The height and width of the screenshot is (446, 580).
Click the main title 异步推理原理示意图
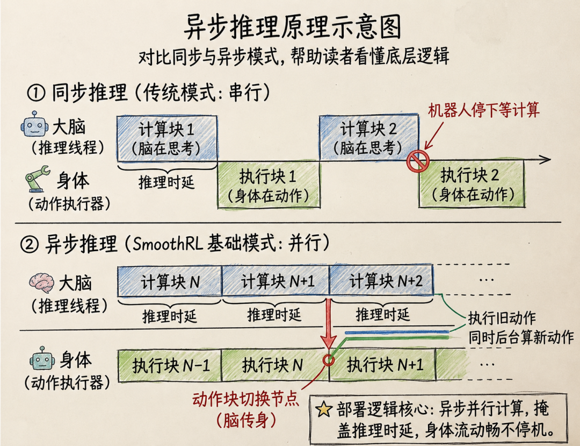[292, 27]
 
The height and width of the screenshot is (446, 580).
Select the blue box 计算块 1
[167, 139]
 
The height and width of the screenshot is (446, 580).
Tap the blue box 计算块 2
[369, 137]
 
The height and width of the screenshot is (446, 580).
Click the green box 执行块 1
[269, 185]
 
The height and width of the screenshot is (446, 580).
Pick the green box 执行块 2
[472, 183]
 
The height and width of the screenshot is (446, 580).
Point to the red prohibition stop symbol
[418, 161]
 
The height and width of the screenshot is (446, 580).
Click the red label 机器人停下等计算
[483, 110]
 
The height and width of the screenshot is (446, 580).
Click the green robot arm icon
[38, 179]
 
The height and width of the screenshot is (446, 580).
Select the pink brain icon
[41, 282]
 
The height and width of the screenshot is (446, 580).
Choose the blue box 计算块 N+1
[275, 281]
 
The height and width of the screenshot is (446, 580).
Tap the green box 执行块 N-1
[170, 365]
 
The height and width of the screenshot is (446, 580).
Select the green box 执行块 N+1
[382, 365]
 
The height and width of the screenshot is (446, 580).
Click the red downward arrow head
[328, 341]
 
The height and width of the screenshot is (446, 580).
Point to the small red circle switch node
[328, 359]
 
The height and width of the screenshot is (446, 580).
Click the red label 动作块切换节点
[245, 399]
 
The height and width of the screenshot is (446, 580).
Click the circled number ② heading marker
[29, 244]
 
